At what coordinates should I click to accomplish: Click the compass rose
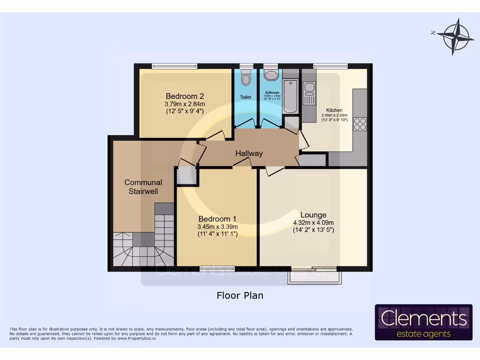pos(453,37)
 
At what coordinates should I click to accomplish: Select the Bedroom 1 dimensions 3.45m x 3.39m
pos(217,227)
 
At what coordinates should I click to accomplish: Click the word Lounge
pos(313,215)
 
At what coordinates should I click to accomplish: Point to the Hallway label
pos(249,153)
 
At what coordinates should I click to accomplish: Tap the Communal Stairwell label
pos(143,187)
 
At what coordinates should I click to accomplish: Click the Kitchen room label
pos(334,110)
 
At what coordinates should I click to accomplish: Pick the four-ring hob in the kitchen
pos(360,124)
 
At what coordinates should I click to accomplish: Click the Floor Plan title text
pos(240,295)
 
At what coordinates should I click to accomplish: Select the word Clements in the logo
pos(424,319)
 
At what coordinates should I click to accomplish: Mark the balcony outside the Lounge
pos(315,277)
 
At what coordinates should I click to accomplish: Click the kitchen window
pos(330,66)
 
